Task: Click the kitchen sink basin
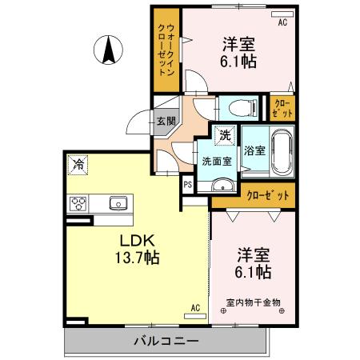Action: click(118, 202)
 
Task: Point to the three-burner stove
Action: click(78, 203)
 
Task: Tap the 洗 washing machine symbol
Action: click(226, 135)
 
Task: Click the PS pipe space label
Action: click(187, 185)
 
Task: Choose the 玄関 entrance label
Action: click(166, 122)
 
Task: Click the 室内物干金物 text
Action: click(254, 302)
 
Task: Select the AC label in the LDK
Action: click(194, 307)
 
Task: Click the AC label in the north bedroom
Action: click(282, 23)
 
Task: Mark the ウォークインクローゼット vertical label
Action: click(166, 50)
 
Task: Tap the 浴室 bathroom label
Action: click(254, 150)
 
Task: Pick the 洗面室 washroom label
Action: click(217, 161)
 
